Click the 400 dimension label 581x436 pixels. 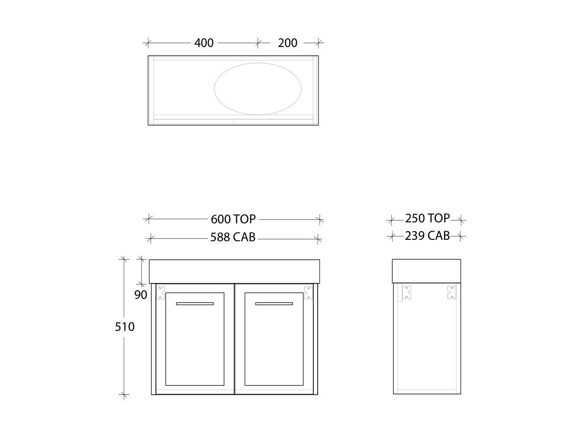click(x=204, y=43)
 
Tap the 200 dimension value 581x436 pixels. click(x=288, y=43)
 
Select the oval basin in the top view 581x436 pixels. click(x=258, y=88)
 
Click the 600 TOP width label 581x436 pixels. click(x=233, y=219)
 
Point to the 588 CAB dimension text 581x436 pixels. click(x=233, y=237)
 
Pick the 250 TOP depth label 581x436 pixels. click(x=427, y=218)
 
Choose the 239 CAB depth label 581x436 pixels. click(x=427, y=236)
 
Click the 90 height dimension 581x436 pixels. click(x=140, y=295)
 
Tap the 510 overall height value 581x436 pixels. click(x=125, y=327)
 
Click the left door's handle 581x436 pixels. click(x=195, y=304)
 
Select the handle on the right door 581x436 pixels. click(x=274, y=304)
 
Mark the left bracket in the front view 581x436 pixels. click(x=161, y=293)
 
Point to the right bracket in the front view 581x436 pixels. click(x=308, y=293)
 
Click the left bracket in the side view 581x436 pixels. click(x=406, y=292)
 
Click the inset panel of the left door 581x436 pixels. click(x=195, y=344)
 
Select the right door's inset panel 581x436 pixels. click(x=274, y=344)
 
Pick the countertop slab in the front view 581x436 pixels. click(x=234, y=271)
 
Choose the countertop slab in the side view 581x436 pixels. click(x=427, y=270)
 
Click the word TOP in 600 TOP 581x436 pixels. click(x=245, y=219)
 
